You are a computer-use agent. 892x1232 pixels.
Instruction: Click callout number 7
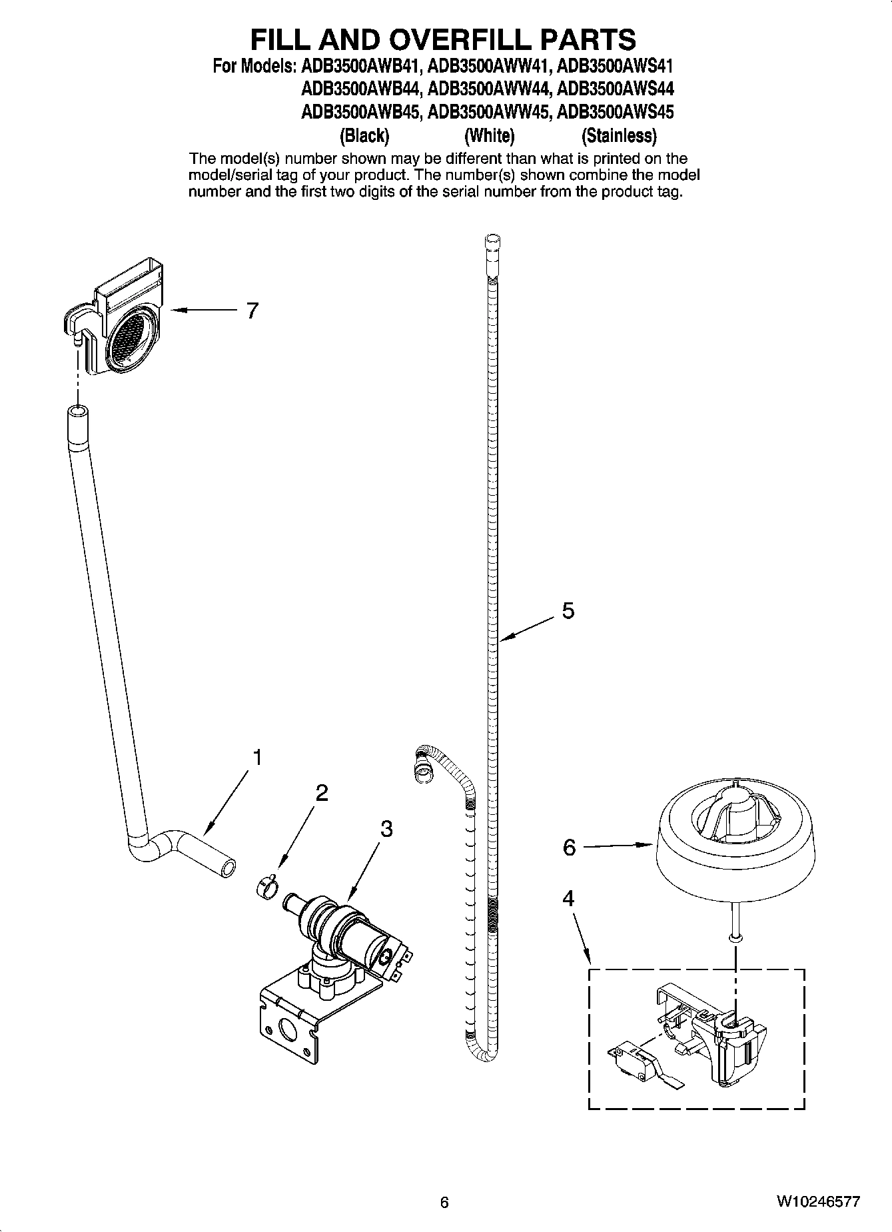[x=252, y=310]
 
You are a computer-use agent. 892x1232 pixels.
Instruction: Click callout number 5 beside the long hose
[x=568, y=610]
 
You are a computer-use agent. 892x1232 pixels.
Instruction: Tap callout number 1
[x=256, y=758]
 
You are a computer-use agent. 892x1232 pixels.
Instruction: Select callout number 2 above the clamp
[x=321, y=793]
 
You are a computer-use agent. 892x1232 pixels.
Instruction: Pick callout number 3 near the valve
[x=386, y=829]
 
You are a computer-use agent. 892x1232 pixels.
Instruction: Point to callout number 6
[x=569, y=848]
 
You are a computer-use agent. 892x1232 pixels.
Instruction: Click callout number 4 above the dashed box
[x=568, y=899]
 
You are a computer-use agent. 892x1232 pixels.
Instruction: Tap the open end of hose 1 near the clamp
[x=228, y=870]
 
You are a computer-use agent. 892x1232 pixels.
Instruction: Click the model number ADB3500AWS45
[x=614, y=111]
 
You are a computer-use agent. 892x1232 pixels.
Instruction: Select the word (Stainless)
[x=619, y=136]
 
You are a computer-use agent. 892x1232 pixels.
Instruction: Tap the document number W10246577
[x=817, y=1202]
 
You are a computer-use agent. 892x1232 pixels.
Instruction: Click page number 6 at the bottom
[x=444, y=1202]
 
